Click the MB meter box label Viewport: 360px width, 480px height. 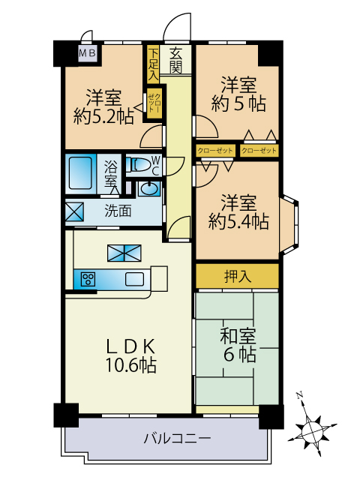(x=87, y=53)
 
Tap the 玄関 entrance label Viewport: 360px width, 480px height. (x=175, y=60)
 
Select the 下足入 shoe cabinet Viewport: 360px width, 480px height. (x=153, y=64)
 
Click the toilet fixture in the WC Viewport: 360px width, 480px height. (x=139, y=164)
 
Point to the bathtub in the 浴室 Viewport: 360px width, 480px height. (x=80, y=173)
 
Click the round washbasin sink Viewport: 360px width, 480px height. (x=148, y=188)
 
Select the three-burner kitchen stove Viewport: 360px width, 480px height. (x=88, y=279)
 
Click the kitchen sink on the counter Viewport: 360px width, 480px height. (x=134, y=279)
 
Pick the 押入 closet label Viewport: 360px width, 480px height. (x=238, y=276)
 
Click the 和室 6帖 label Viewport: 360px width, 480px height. (x=238, y=345)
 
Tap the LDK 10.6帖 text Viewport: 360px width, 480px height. (x=131, y=355)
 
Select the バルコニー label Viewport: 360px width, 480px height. (x=177, y=438)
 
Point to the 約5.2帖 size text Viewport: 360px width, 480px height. (x=103, y=116)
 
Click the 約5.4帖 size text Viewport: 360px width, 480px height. (x=238, y=222)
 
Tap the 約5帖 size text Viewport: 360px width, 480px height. (x=238, y=103)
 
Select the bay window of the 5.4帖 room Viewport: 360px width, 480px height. (x=289, y=225)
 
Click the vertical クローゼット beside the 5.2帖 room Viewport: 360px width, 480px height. (x=154, y=103)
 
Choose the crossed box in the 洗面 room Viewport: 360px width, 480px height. (x=75, y=211)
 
